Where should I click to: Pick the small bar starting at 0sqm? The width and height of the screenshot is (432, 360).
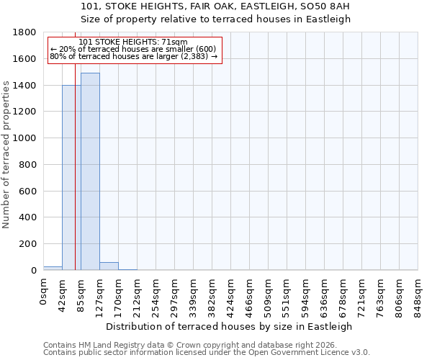click(53, 268)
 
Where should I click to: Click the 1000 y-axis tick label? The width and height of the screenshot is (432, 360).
click(27, 138)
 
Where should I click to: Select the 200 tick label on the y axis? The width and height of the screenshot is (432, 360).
click(30, 244)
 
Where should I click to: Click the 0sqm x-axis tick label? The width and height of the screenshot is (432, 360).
click(44, 292)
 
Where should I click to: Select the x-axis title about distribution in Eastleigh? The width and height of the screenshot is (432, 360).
click(230, 326)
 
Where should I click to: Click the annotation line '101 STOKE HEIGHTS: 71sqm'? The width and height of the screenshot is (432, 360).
click(133, 42)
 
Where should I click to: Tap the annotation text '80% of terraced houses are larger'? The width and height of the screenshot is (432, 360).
click(133, 55)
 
